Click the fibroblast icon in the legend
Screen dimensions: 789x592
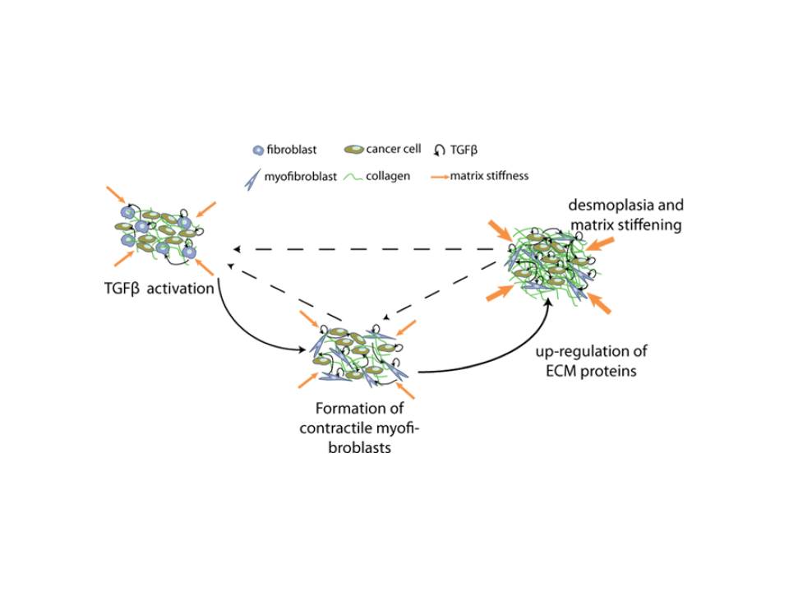click(x=258, y=150)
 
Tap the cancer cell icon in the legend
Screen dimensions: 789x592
click(x=353, y=150)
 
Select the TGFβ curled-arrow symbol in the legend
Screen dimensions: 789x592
click(x=439, y=150)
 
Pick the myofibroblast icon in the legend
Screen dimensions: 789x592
click(x=252, y=179)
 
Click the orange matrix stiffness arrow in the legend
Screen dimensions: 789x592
click(x=441, y=177)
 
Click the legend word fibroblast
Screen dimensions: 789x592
click(x=292, y=150)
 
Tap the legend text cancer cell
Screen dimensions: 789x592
click(x=394, y=149)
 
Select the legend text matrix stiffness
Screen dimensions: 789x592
click(x=489, y=176)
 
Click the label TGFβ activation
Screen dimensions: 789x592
click(x=159, y=289)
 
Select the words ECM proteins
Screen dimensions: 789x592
click(x=591, y=371)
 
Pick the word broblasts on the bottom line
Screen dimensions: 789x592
click(x=359, y=447)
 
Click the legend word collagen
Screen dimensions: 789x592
click(x=388, y=176)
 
